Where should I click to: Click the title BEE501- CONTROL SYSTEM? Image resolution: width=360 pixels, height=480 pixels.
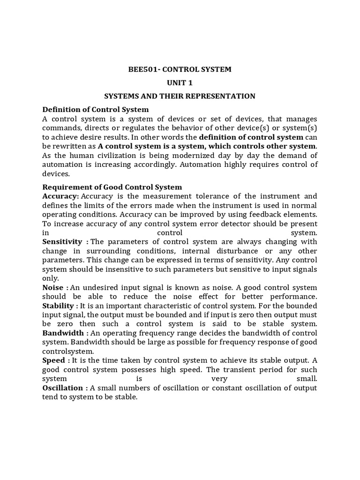coord(180,69)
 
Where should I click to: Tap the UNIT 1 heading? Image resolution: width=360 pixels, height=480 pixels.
coord(180,82)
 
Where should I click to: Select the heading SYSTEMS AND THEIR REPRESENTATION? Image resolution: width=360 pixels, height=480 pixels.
coord(180,96)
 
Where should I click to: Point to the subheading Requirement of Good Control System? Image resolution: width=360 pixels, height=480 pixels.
coord(112,187)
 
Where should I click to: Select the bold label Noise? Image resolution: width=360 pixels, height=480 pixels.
coord(52,287)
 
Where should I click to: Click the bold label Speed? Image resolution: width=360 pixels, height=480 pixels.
coord(53,360)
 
